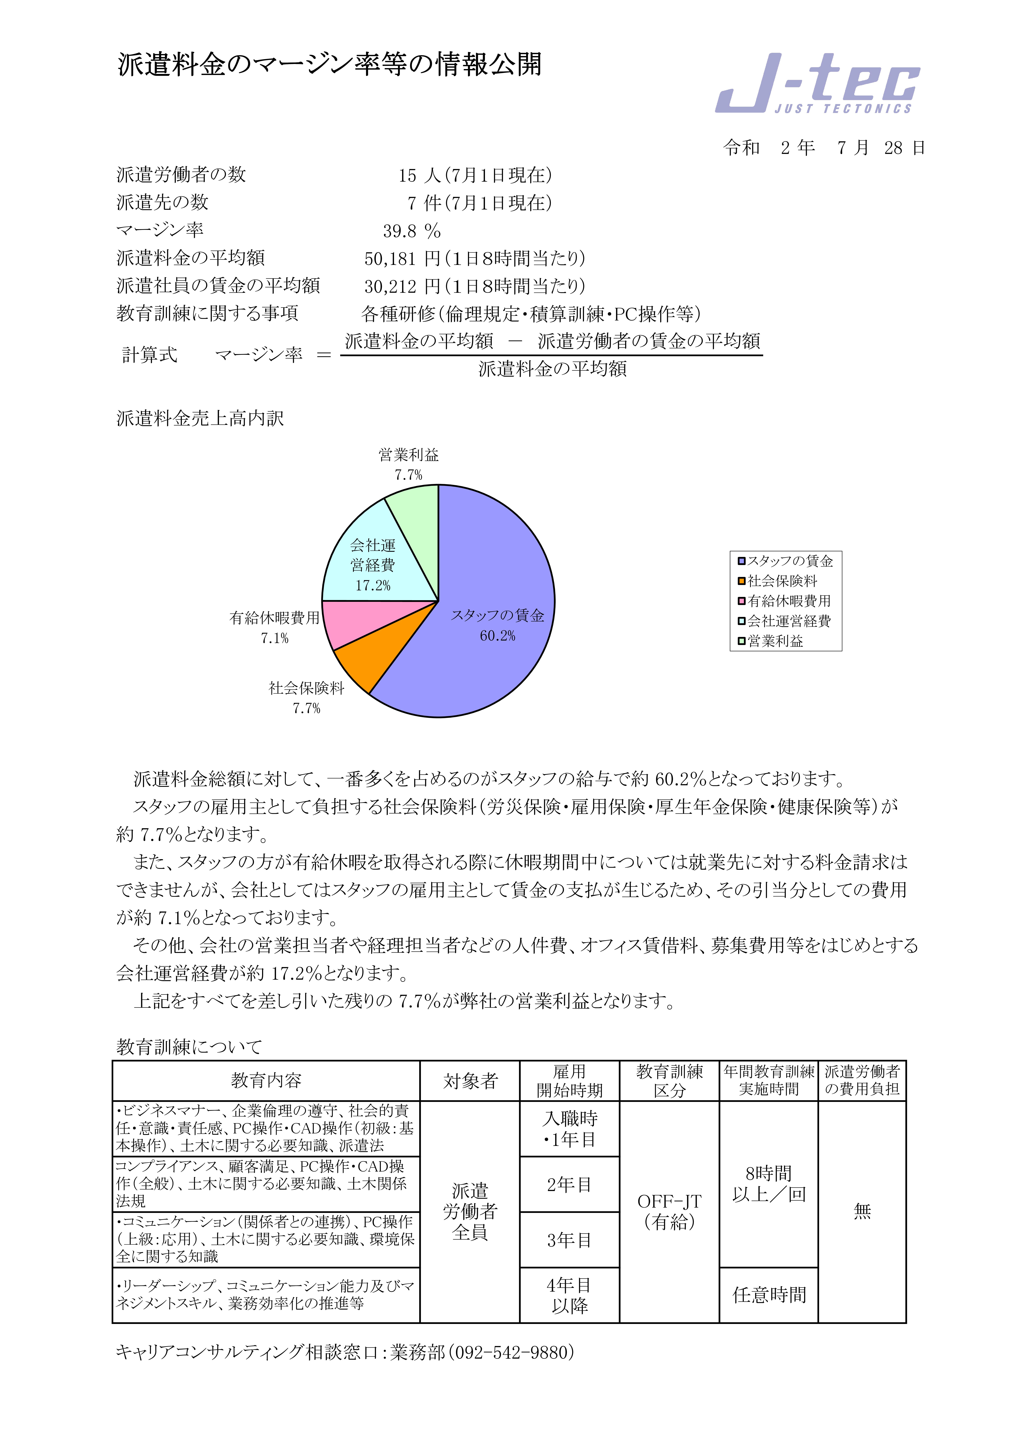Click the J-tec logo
(x=817, y=84)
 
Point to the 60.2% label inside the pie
(x=497, y=635)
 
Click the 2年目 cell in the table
(x=569, y=1184)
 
